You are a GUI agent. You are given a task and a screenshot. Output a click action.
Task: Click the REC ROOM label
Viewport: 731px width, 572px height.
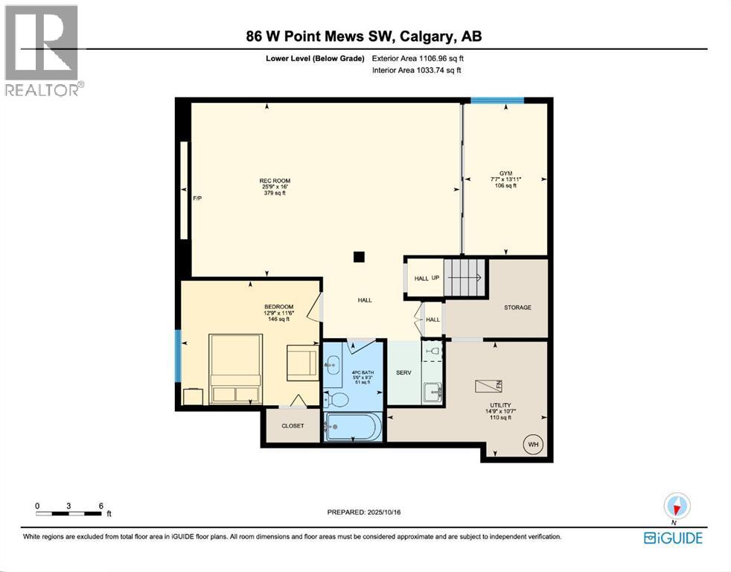pyautogui.click(x=274, y=181)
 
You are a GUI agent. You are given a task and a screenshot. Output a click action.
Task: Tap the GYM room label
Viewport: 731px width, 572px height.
pyautogui.click(x=506, y=173)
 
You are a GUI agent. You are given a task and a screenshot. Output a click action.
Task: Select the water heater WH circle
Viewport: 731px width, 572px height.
pyautogui.click(x=533, y=445)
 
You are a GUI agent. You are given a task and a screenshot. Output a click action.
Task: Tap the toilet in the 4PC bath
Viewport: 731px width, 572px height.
pyautogui.click(x=336, y=399)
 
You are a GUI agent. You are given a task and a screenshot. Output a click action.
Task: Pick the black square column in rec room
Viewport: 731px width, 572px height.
pyautogui.click(x=360, y=257)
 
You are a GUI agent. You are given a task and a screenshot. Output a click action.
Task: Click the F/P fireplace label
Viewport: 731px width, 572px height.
pyautogui.click(x=197, y=199)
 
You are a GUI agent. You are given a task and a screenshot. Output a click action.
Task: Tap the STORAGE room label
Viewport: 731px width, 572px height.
pyautogui.click(x=517, y=307)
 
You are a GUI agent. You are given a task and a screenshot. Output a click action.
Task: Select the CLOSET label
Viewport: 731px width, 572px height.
pyautogui.click(x=293, y=427)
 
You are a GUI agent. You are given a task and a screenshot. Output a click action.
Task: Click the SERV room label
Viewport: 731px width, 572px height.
pyautogui.click(x=404, y=372)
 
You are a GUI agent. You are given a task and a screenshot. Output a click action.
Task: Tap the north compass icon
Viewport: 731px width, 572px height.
pyautogui.click(x=677, y=506)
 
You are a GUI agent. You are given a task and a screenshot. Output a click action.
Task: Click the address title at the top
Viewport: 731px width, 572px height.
pyautogui.click(x=365, y=36)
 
